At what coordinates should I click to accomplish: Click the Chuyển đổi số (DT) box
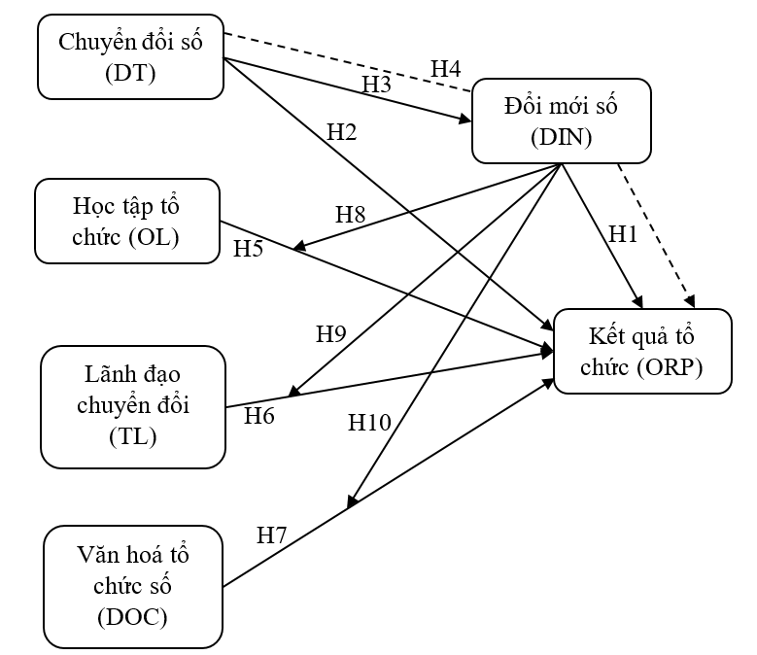pyautogui.click(x=130, y=56)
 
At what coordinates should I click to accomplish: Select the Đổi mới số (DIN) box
pyautogui.click(x=562, y=120)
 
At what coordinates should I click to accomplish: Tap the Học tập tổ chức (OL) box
pyautogui.click(x=126, y=221)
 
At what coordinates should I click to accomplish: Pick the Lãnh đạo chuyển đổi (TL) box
pyautogui.click(x=132, y=406)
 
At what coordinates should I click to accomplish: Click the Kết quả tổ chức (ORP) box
pyautogui.click(x=641, y=351)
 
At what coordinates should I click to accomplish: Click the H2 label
pyautogui.click(x=342, y=132)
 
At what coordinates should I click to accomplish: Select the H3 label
pyautogui.click(x=376, y=85)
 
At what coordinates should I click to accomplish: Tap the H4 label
pyautogui.click(x=446, y=68)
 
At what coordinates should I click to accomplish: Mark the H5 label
pyautogui.click(x=248, y=249)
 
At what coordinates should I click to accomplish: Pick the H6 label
pyautogui.click(x=259, y=417)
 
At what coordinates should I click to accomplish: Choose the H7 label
pyautogui.click(x=272, y=534)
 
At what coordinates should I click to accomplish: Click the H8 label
pyautogui.click(x=350, y=215)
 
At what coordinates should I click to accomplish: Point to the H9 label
pyautogui.click(x=331, y=334)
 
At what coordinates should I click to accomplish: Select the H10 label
pyautogui.click(x=369, y=422)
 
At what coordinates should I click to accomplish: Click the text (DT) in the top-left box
pyautogui.click(x=130, y=71)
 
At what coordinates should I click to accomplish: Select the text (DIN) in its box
pyautogui.click(x=562, y=136)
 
